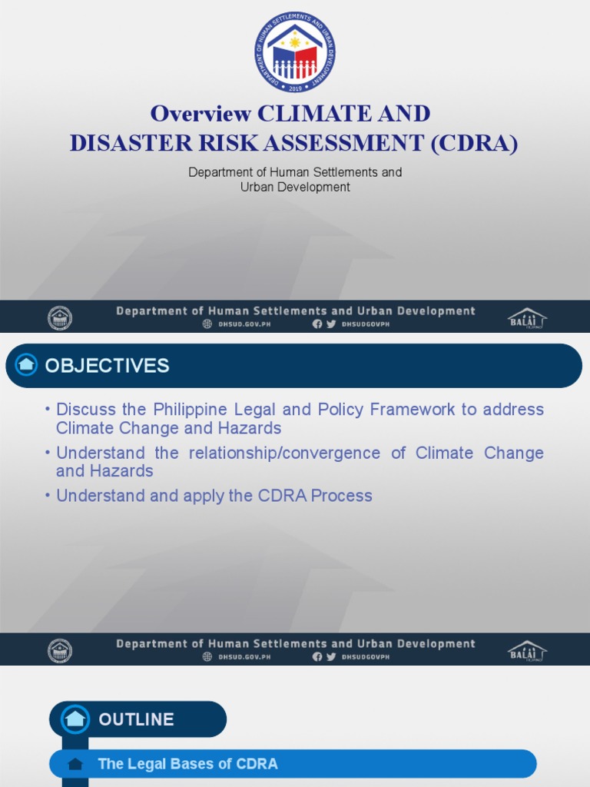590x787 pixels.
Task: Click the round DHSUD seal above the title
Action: pos(295,52)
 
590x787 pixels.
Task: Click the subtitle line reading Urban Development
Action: pos(295,187)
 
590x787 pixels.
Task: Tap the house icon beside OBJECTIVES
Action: pos(27,365)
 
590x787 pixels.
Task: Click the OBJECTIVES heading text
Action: pos(107,366)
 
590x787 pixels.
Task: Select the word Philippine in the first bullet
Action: pos(193,410)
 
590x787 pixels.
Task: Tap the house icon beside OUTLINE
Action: pos(75,719)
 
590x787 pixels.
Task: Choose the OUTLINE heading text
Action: pos(136,719)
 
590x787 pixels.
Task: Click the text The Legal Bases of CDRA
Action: pos(187,764)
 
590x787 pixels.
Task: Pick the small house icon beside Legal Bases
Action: pos(75,764)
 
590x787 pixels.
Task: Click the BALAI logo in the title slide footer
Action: pos(526,317)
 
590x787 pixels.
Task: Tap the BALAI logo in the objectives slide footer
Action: pos(526,650)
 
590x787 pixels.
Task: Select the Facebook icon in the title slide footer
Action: pos(317,324)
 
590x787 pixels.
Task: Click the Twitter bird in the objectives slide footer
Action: pos(331,657)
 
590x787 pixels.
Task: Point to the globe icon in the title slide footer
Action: pos(207,324)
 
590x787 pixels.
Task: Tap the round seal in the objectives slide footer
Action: pos(60,650)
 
